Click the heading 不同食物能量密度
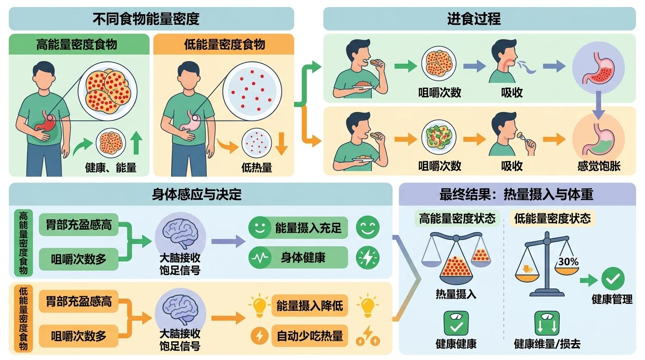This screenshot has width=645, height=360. click(146, 19)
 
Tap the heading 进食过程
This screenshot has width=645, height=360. click(474, 19)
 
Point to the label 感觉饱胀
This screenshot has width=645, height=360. click(599, 166)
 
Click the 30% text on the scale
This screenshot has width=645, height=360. click(569, 262)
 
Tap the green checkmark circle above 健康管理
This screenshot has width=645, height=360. click(613, 278)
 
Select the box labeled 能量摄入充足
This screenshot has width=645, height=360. click(298, 228)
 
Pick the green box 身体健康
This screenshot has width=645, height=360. click(298, 257)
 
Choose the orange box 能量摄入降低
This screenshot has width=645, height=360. click(309, 306)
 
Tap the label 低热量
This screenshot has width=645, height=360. click(257, 167)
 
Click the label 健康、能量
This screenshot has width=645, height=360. click(111, 167)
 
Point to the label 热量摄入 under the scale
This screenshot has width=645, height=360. click(456, 294)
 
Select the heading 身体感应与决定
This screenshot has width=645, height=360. click(197, 195)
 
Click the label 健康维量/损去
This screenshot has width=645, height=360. click(547, 344)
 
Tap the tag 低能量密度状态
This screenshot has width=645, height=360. click(552, 218)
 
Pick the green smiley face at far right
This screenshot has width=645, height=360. click(367, 227)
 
